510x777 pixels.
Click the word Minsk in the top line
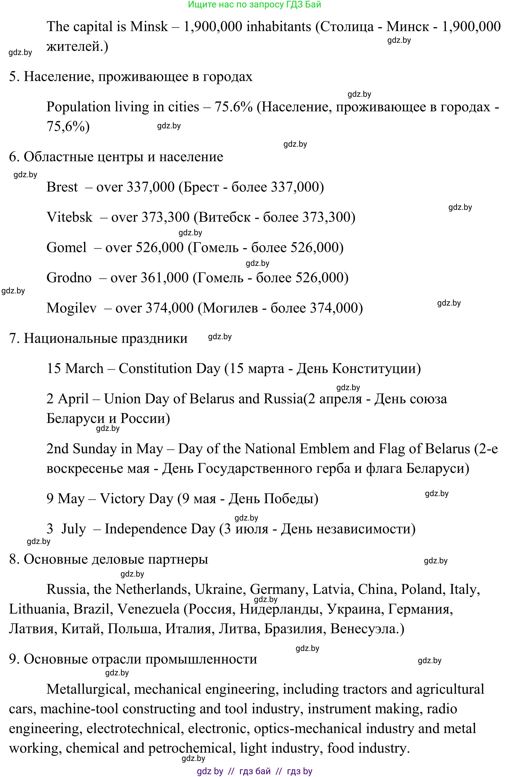(x=149, y=26)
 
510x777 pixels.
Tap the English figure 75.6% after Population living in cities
(x=233, y=107)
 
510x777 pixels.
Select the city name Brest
(x=62, y=187)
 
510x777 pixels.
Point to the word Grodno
(x=69, y=278)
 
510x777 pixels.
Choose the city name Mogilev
(x=72, y=308)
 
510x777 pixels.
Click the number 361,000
(x=164, y=278)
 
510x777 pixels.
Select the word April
(x=73, y=399)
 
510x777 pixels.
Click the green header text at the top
(x=255, y=5)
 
